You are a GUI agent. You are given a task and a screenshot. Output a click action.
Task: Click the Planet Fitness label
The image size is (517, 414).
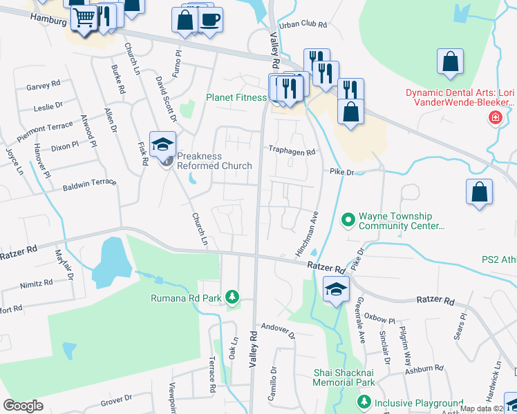[x=236, y=97]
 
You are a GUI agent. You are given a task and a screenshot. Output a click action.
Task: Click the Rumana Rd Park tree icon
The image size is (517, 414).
[x=234, y=297]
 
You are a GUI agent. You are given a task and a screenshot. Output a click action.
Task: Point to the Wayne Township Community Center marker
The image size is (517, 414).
[x=348, y=221]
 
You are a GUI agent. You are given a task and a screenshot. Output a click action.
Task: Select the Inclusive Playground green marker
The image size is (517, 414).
[x=364, y=402]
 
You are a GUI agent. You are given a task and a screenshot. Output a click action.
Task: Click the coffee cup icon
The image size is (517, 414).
[x=210, y=19]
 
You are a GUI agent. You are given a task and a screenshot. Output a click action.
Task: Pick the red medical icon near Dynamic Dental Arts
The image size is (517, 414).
[x=495, y=118]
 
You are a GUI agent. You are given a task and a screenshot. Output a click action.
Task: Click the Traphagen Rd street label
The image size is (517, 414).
[x=292, y=151]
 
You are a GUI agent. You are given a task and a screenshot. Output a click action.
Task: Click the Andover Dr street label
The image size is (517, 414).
[x=278, y=331]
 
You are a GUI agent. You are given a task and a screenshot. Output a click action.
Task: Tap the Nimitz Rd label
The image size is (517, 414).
[x=37, y=283]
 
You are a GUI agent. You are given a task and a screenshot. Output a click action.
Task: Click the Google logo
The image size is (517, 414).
[x=23, y=405]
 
